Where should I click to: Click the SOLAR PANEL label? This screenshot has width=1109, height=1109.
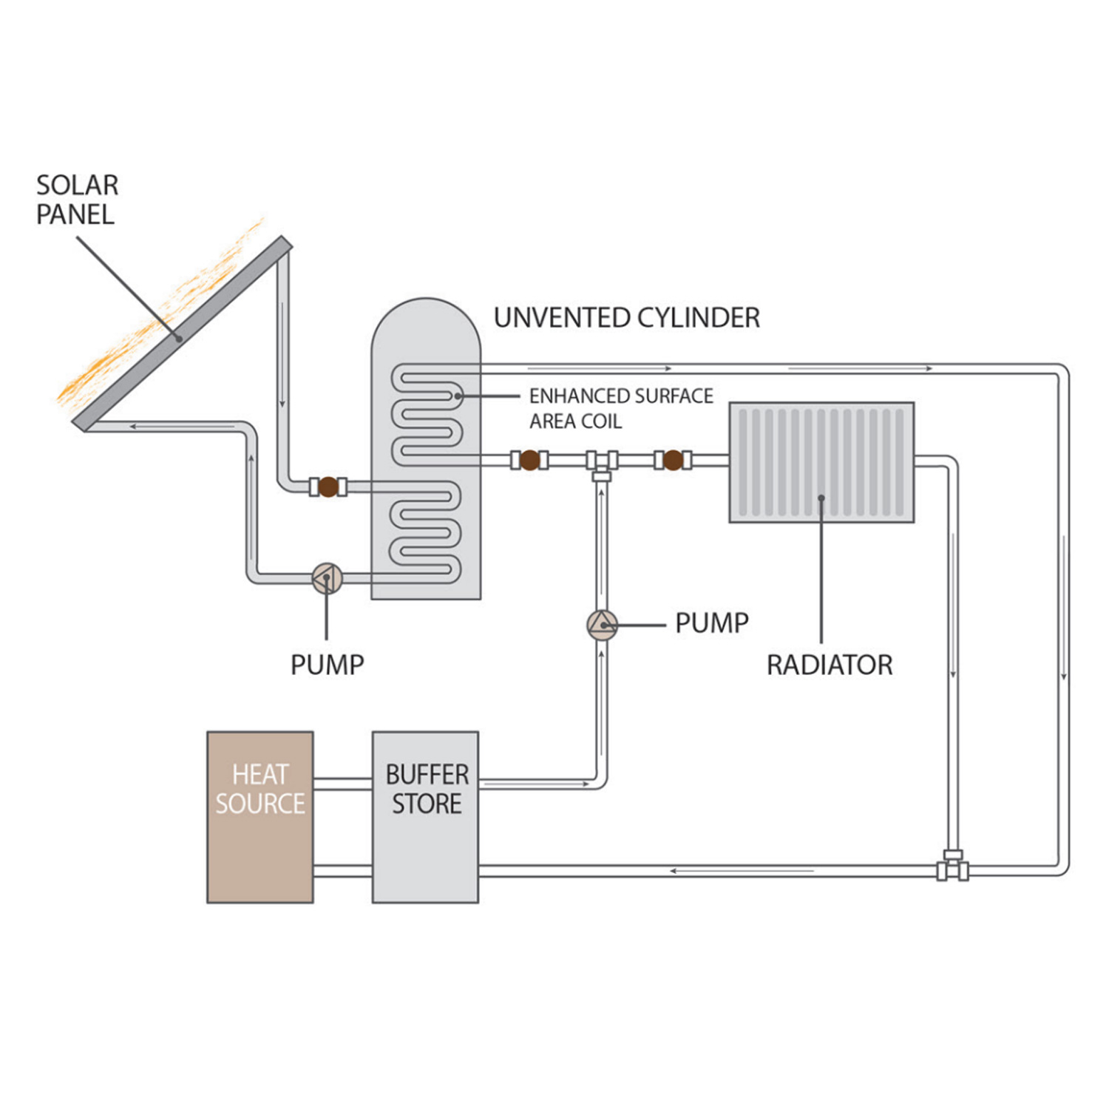click(x=77, y=200)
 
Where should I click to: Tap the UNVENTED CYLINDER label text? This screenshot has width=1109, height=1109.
click(x=626, y=318)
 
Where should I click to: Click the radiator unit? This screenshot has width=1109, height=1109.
click(x=821, y=462)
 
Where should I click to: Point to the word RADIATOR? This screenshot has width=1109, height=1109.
click(x=830, y=665)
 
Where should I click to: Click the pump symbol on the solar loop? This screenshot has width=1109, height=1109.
click(x=327, y=578)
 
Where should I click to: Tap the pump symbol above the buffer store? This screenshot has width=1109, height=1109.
click(x=602, y=625)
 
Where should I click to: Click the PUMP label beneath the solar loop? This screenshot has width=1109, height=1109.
click(x=327, y=665)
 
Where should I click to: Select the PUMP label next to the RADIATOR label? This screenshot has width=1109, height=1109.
click(x=711, y=623)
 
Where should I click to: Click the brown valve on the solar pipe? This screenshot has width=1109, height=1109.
click(x=328, y=486)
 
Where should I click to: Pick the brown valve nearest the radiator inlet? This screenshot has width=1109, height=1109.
click(x=673, y=461)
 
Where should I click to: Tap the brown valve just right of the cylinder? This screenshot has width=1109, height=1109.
click(x=529, y=461)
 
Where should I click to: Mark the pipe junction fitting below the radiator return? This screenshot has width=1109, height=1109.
click(x=953, y=866)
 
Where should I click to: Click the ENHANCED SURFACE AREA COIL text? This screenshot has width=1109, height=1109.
click(x=620, y=409)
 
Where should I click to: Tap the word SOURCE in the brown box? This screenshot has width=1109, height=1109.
click(x=260, y=804)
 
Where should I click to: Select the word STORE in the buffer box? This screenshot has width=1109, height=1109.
click(x=427, y=804)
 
